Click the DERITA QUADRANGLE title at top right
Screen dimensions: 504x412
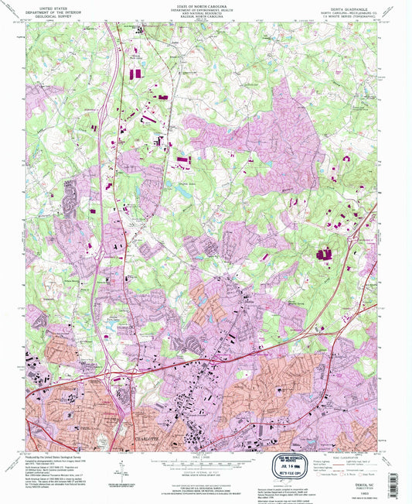(359, 4)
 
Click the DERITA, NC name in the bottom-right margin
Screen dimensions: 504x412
(358, 481)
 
